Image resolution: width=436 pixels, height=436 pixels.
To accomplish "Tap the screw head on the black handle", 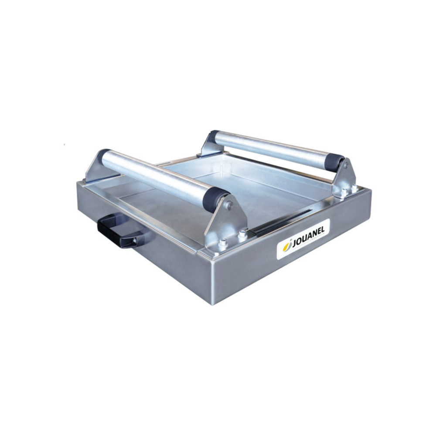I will pos(135,240).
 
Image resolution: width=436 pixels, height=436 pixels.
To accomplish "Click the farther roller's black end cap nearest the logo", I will pos(335,162).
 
